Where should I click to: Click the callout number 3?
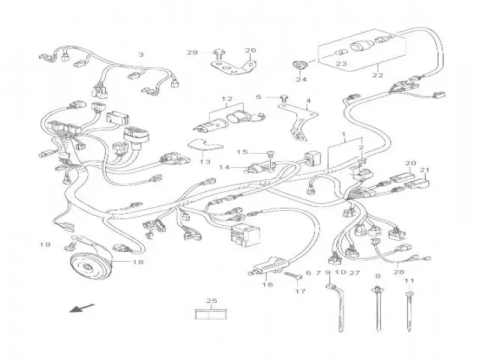tap(140, 54)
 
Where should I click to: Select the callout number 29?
tap(192, 52)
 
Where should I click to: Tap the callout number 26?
tap(250, 51)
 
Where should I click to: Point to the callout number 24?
tap(301, 79)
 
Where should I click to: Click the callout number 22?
tap(376, 74)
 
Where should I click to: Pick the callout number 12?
tap(227, 99)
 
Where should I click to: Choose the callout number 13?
tap(204, 160)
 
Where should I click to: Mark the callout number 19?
tap(45, 244)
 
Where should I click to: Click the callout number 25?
tap(211, 301)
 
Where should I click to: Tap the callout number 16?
tap(267, 284)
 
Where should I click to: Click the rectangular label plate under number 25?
tap(211, 314)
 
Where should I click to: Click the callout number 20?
tap(409, 163)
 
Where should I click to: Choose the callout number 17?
tap(299, 290)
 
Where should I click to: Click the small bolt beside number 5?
tap(284, 97)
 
